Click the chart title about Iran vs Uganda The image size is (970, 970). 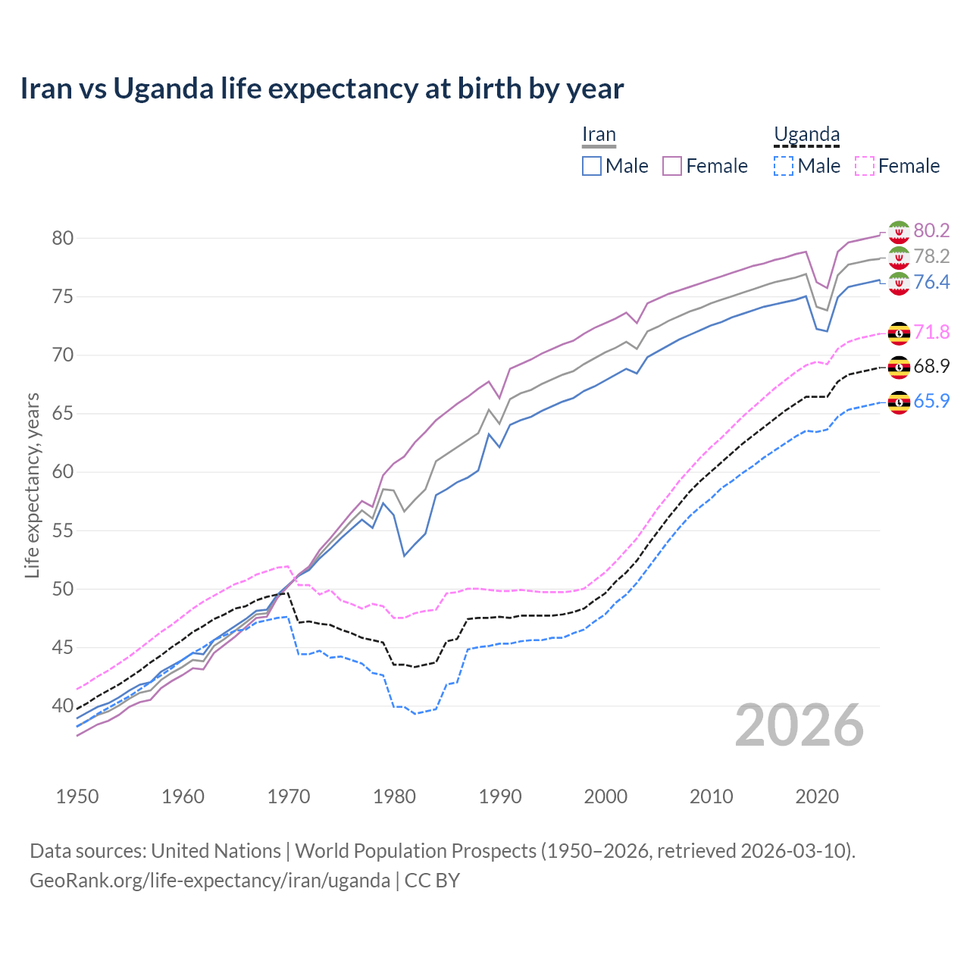point(322,89)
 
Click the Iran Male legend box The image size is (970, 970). point(592,166)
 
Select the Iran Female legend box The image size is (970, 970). point(673,166)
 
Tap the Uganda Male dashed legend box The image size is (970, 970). point(784,166)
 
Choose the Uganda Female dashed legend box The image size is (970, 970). point(864,166)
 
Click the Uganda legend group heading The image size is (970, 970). point(806,135)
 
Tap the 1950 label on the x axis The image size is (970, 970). point(77,796)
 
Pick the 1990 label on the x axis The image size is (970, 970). point(500,796)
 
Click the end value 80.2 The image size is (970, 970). point(931,230)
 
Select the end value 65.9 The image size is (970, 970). point(931,401)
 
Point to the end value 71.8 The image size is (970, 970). point(931,332)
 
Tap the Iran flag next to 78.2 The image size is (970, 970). point(899,257)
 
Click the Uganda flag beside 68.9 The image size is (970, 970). point(899,367)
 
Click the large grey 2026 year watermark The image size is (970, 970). point(799,725)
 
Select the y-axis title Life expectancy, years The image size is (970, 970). point(32,485)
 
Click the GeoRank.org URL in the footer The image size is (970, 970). point(210,881)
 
